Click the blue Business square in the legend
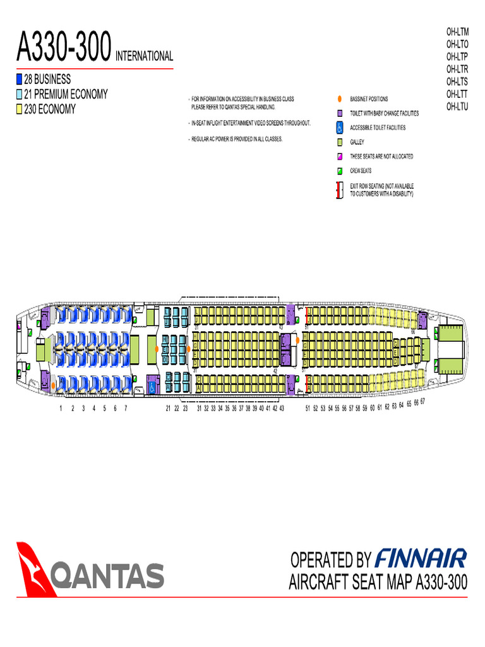click(19, 80)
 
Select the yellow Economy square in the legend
click(19, 109)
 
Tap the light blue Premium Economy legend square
click(19, 95)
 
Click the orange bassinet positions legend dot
click(339, 99)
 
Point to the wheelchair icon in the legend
click(339, 128)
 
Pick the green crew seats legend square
click(339, 171)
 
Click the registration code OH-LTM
click(457, 31)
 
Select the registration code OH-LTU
click(457, 107)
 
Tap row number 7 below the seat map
click(126, 409)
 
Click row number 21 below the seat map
click(169, 409)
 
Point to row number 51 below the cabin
click(308, 409)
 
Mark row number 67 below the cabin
click(422, 401)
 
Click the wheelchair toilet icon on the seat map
click(152, 384)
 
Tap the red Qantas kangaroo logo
click(37, 567)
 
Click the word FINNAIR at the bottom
click(421, 559)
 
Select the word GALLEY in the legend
click(357, 142)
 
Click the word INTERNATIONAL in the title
click(144, 56)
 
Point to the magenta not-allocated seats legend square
click(339, 157)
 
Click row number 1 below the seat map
click(61, 409)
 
